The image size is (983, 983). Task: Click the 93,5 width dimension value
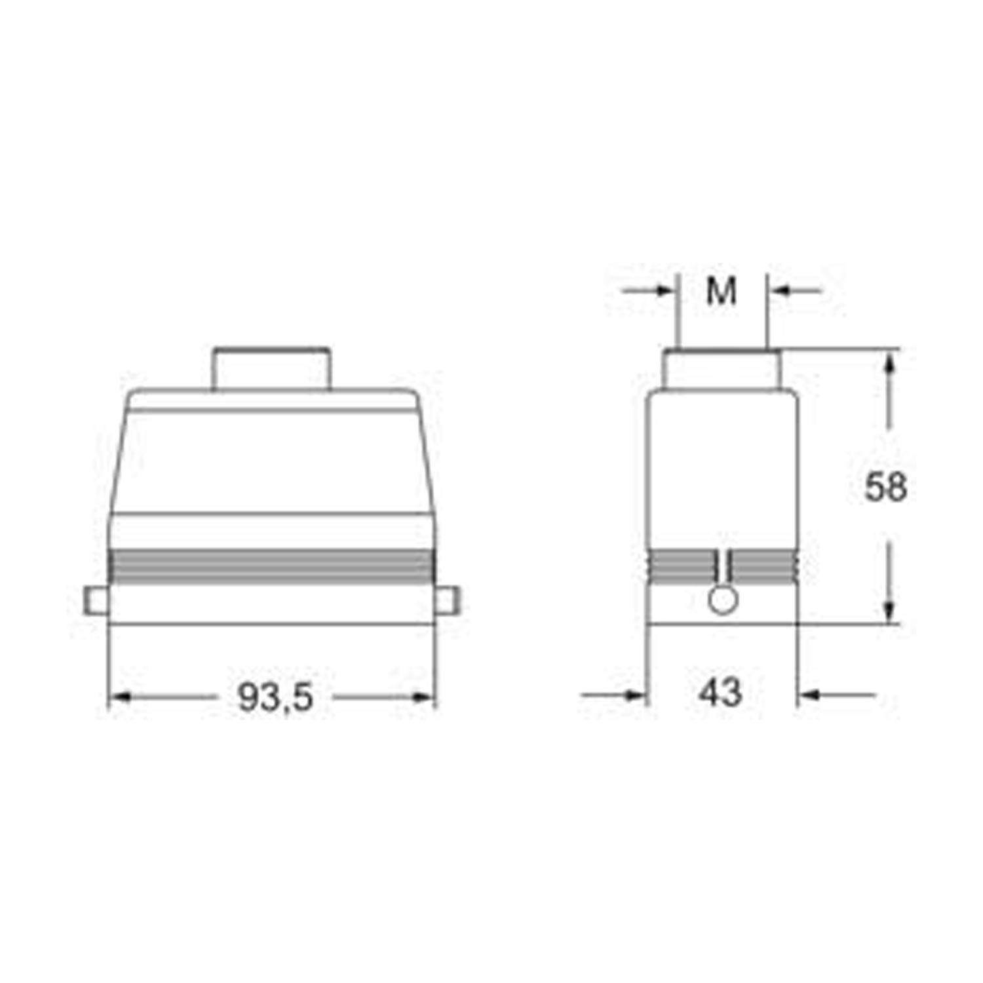275,697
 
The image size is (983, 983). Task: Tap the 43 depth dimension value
720,692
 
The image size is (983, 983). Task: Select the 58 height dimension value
886,487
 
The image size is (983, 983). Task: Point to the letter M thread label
722,291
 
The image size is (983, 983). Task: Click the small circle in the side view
723,600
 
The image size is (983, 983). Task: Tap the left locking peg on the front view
96,601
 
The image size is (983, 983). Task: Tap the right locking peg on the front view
448,601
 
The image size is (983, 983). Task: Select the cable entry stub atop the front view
271,369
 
